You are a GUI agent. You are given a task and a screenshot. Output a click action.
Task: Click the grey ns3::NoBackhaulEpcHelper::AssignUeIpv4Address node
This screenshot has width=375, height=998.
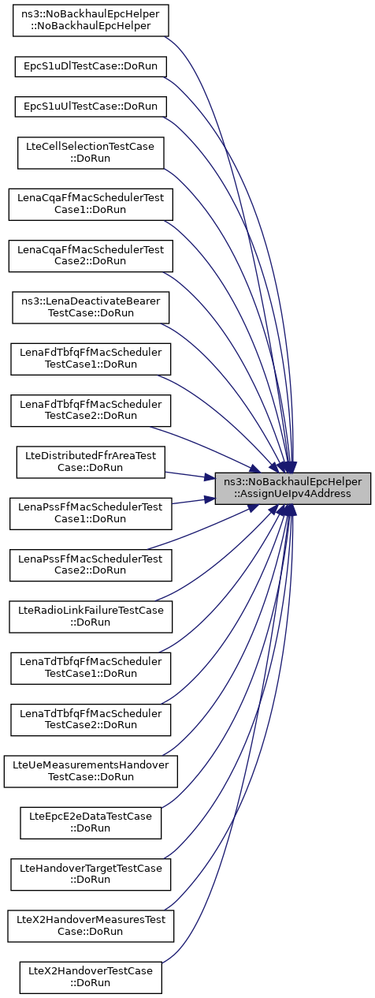coord(293,488)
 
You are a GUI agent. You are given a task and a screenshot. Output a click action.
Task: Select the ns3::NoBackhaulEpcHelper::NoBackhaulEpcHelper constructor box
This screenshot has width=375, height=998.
coord(91,21)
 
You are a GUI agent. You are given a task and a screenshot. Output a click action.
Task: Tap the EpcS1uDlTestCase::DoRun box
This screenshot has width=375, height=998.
coord(91,66)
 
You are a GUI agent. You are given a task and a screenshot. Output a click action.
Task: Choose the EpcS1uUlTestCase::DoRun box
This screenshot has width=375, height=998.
coord(91,107)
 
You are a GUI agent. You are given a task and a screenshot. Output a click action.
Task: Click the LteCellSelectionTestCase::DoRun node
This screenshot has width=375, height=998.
coord(91,153)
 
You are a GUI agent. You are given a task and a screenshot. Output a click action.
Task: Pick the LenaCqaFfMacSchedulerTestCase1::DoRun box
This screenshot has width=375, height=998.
coord(91,204)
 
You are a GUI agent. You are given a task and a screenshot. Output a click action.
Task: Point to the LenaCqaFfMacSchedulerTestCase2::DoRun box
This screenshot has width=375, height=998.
coord(91,256)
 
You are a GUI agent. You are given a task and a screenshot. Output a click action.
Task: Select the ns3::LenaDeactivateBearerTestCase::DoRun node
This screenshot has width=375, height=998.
coord(91,308)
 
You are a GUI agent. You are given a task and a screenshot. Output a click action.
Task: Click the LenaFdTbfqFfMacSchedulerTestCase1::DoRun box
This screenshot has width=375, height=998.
coord(91,359)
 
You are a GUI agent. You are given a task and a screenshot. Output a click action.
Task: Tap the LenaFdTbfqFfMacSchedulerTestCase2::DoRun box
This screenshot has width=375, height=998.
coord(91,410)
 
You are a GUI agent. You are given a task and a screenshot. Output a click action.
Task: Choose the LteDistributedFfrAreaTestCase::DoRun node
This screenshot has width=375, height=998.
coord(91,462)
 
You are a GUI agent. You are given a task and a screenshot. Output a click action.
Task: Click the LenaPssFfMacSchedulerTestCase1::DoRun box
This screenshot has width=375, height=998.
coord(91,514)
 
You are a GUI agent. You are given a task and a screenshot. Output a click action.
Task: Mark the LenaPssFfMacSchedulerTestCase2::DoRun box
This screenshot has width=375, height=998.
coord(91,565)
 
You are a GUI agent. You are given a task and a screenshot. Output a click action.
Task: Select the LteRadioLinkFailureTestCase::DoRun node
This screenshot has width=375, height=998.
coord(91,617)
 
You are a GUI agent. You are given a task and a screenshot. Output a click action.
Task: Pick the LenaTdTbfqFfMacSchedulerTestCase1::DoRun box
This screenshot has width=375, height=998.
coord(91,668)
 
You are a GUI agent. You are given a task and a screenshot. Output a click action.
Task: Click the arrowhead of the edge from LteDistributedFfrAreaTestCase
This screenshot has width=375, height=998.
coord(210,477)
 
